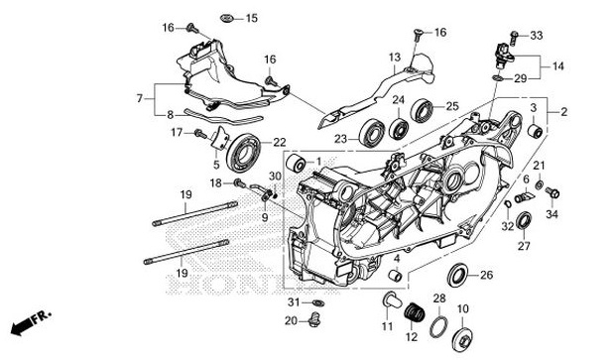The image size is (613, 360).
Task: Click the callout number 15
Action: pos(251,18)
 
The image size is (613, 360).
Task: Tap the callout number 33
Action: pos(537,36)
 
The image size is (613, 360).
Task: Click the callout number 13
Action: pos(393,58)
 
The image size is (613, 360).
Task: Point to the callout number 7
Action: pos(141,98)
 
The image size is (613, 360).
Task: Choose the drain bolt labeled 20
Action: pos(315,319)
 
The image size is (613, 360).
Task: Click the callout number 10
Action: pos(462,308)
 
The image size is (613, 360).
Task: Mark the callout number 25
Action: pos(451,106)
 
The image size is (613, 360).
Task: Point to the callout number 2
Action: pos(564,113)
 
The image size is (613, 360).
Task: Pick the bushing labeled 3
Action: pos(533,131)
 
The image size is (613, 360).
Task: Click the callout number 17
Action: pos(175,132)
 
